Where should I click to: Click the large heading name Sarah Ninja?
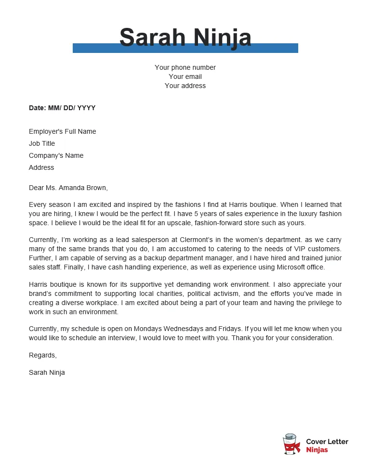pos(185,38)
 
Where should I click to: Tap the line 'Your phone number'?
pos(185,67)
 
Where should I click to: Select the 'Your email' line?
pos(185,77)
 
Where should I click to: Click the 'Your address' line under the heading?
pos(185,86)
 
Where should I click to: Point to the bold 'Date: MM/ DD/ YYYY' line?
pos(62,108)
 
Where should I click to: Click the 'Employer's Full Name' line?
pos(62,131)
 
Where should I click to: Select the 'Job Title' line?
pos(42,143)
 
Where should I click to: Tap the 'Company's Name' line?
pos(56,155)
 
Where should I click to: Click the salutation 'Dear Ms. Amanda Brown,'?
pos(68,188)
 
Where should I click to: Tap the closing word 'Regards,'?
pos(42,355)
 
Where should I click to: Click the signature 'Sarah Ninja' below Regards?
pos(47,372)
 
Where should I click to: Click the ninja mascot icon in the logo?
pos(291,445)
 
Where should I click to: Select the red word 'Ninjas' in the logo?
pos(317,450)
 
